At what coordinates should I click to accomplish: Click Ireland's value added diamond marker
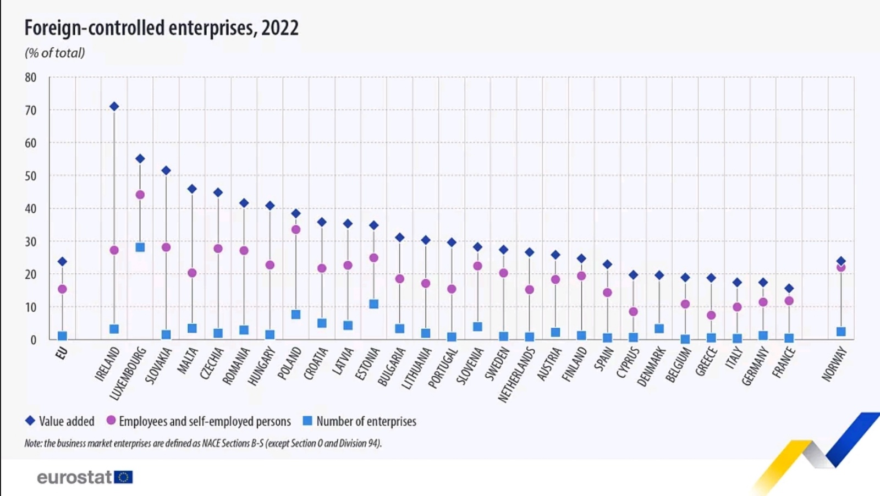114,106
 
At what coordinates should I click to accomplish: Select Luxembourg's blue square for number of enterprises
140,247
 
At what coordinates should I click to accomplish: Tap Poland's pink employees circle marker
296,229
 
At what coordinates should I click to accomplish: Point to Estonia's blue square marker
374,304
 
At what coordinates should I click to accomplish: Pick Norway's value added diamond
841,261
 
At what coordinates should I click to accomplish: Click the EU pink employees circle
62,289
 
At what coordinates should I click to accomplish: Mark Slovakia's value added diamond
166,170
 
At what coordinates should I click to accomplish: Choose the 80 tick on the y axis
30,78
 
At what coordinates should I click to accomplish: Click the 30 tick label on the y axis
30,241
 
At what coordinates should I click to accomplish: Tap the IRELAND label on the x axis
107,365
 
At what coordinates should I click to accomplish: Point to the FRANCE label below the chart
784,363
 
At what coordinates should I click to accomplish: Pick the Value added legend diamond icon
30,421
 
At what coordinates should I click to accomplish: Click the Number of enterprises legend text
366,421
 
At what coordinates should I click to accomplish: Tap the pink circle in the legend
111,421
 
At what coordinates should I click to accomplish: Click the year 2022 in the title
280,27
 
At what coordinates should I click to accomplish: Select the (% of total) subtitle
54,53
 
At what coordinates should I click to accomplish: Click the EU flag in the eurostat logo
124,477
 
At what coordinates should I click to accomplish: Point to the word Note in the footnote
32,443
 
